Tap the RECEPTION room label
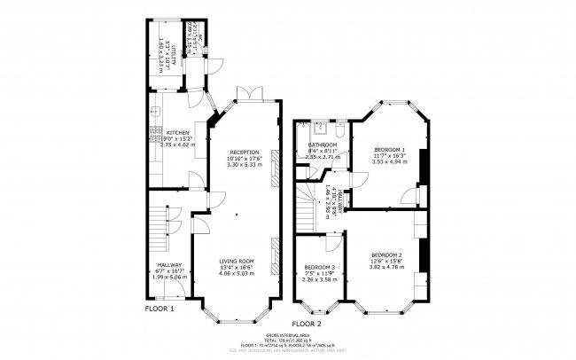244,152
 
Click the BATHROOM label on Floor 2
323,145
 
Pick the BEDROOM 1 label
389,148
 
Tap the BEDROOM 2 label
388,253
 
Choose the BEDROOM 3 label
319,267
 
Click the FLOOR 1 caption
160,309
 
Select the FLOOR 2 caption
307,324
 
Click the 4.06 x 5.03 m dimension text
237,274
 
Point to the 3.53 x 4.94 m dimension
389,161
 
